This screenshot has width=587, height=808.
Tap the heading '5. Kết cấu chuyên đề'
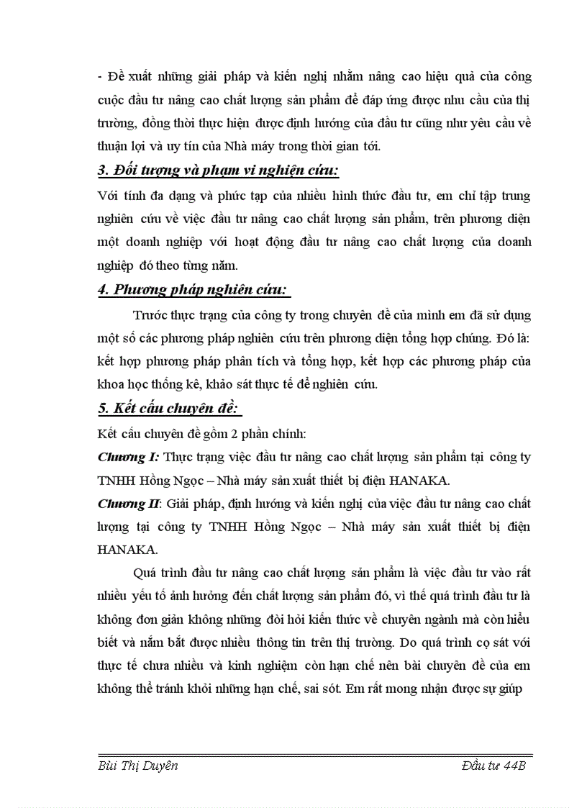(x=169, y=409)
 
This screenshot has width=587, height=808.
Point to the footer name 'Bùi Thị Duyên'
(x=137, y=766)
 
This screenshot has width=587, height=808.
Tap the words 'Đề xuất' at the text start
(x=126, y=76)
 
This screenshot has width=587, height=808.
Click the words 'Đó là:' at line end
(x=512, y=337)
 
